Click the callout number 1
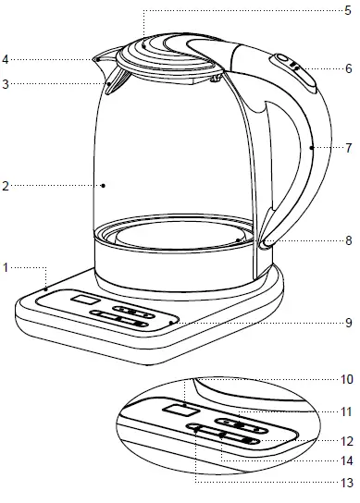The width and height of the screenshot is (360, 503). pos(5,267)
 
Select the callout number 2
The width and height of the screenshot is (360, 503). pos(5,186)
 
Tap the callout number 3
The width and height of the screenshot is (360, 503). pos(5,84)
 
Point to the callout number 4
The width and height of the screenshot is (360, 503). pos(5,59)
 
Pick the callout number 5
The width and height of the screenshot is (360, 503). pos(348,11)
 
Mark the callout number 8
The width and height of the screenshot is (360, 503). pos(348,240)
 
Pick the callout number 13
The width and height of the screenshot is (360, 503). pos(346,481)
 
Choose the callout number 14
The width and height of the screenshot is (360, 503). pos(346,460)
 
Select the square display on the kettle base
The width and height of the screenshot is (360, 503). pos(84,301)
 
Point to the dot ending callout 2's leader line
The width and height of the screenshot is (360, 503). pos(102,185)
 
